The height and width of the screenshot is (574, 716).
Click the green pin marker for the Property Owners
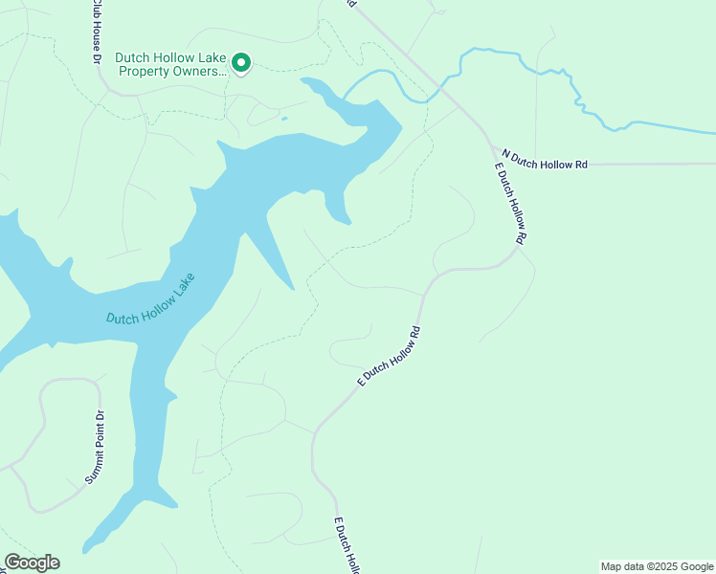pos(241,64)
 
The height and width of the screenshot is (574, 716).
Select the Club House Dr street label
pos(97,33)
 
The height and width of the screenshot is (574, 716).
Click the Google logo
pos(32,563)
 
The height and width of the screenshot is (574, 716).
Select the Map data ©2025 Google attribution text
pos(657,566)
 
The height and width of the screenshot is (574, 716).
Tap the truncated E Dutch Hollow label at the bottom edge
pos(346,545)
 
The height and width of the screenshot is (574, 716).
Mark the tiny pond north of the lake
pos(283,119)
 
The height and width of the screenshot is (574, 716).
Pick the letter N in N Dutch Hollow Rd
pos(506,153)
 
